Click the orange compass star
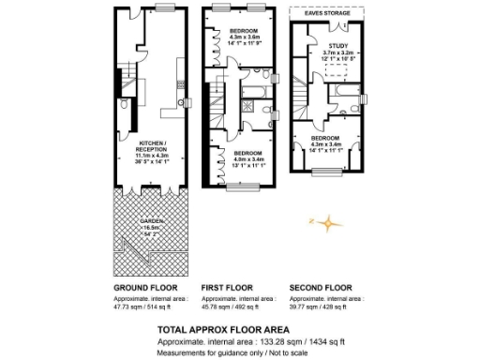click(330, 224)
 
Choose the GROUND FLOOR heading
click(142, 287)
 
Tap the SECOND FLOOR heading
click(320, 287)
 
